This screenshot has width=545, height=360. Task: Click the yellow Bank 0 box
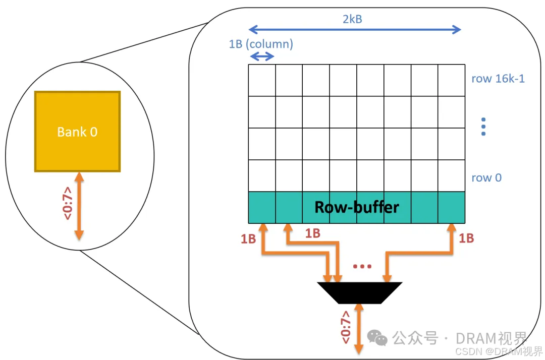tap(77, 132)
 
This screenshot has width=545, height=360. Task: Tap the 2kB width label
tap(352, 19)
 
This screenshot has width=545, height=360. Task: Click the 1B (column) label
tap(261, 44)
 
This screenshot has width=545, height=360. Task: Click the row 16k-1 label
tap(498, 79)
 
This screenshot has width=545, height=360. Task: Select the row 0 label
tap(486, 177)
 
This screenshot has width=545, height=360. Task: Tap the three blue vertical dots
tap(483, 127)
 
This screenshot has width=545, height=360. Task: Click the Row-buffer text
tap(357, 207)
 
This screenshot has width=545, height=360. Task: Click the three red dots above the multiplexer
tap(362, 266)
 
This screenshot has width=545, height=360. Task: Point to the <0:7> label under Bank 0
tap(68, 203)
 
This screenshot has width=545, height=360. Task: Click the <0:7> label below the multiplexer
tap(346, 328)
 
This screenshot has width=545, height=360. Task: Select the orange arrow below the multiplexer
tap(359, 328)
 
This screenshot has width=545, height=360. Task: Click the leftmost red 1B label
tap(248, 239)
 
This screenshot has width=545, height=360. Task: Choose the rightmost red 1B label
tap(466, 238)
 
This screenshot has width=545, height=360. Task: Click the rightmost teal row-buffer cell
tap(451, 207)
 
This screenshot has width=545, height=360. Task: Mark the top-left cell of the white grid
tap(262, 80)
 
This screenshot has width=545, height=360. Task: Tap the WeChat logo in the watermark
tap(378, 337)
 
